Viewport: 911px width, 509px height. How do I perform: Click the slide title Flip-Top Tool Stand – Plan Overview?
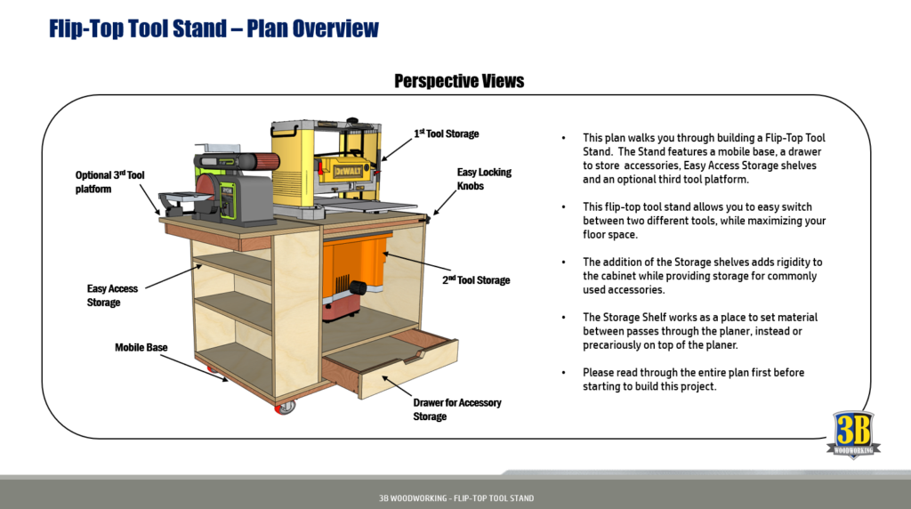pyautogui.click(x=214, y=28)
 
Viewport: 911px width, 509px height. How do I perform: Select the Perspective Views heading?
pyautogui.click(x=459, y=81)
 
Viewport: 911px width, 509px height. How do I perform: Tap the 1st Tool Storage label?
pyautogui.click(x=447, y=133)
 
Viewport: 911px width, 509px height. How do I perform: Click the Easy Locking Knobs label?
pyautogui.click(x=484, y=180)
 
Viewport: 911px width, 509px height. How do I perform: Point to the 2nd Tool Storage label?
pyautogui.click(x=477, y=280)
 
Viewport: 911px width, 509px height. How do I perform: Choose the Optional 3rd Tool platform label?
pyautogui.click(x=109, y=182)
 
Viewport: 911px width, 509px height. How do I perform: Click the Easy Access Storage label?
pyautogui.click(x=112, y=295)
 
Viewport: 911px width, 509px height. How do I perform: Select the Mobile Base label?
pyautogui.click(x=141, y=347)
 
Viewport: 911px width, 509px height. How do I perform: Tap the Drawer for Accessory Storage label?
pyautogui.click(x=456, y=409)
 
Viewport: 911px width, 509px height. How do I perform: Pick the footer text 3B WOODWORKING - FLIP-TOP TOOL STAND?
pyautogui.click(x=455, y=498)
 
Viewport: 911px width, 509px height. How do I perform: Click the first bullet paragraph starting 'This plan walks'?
pyautogui.click(x=704, y=159)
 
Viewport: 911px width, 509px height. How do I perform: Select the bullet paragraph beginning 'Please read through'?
pyautogui.click(x=704, y=379)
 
